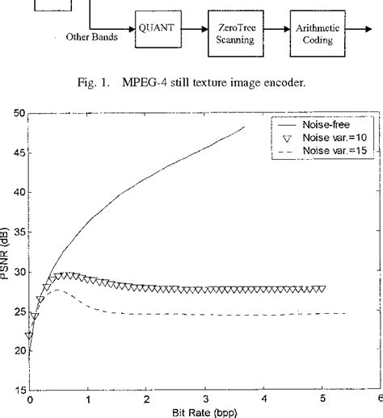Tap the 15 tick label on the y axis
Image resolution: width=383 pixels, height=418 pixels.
(19, 390)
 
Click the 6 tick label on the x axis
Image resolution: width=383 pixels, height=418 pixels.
(378, 399)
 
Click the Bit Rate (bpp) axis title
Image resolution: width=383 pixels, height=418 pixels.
(205, 412)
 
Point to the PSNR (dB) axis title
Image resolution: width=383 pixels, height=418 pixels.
(6, 252)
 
